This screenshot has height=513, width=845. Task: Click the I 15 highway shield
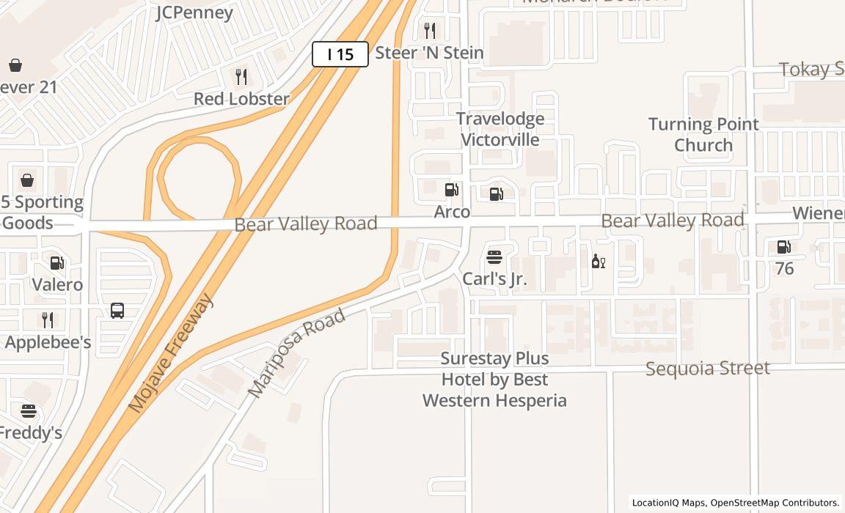(x=340, y=54)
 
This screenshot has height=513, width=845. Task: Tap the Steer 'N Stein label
(x=429, y=53)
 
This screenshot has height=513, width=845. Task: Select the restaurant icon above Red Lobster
(x=241, y=76)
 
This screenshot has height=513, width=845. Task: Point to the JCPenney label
(x=194, y=12)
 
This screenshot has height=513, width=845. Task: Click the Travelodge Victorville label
(x=500, y=129)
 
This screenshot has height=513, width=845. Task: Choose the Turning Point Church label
(x=703, y=134)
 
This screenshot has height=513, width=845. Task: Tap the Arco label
(x=452, y=212)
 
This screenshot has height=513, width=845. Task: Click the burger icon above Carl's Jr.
(x=494, y=257)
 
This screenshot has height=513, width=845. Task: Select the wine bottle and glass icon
(x=599, y=261)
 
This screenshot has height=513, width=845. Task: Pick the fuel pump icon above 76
(x=784, y=248)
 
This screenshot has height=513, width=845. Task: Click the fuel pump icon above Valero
(x=57, y=263)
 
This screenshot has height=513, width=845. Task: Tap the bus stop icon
(x=117, y=310)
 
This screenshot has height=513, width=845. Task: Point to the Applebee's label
(x=48, y=342)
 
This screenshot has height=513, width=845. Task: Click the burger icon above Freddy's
(x=29, y=411)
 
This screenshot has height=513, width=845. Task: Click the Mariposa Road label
(x=296, y=353)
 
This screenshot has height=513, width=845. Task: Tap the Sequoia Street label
(x=707, y=368)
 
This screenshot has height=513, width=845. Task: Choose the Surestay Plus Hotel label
(x=494, y=380)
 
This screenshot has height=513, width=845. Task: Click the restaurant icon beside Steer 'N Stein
(x=430, y=30)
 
